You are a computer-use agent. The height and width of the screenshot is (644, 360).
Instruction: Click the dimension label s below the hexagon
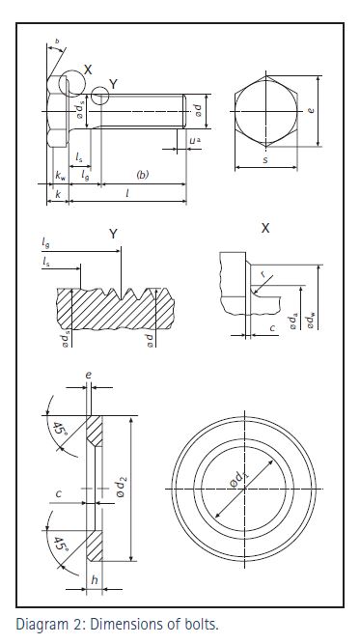coord(265,160)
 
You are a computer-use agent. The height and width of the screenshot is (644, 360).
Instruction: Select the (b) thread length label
coord(142,175)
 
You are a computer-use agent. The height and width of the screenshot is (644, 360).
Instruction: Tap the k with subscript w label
coord(60,176)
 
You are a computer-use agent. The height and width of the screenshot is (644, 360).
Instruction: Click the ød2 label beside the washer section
coord(121,486)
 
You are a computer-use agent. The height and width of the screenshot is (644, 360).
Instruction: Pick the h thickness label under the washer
coord(95,579)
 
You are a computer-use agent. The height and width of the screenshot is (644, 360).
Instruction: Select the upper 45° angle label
coord(57,430)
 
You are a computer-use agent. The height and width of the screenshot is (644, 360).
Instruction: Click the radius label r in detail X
coord(263,275)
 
